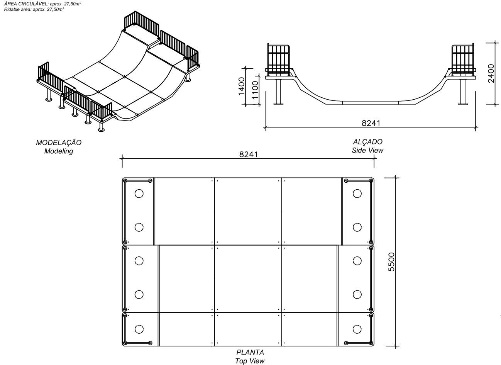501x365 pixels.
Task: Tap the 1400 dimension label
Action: [242, 85]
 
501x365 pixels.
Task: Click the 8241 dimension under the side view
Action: [371, 123]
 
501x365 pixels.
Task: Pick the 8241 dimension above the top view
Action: [248, 154]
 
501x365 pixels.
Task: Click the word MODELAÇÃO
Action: [59, 143]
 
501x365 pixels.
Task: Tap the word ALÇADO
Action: [367, 142]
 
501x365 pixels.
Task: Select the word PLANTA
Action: [250, 352]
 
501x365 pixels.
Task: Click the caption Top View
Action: [250, 361]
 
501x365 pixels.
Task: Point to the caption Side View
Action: [367, 150]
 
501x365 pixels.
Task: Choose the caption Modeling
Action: [59, 151]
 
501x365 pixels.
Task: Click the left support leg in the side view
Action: [278, 92]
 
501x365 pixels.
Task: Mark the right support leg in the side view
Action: [462, 92]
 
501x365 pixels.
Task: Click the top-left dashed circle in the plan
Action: [139, 194]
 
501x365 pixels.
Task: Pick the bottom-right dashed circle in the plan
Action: [357, 329]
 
